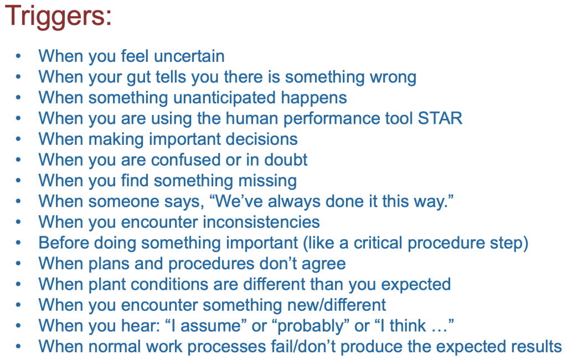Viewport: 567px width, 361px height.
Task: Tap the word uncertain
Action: tap(189, 56)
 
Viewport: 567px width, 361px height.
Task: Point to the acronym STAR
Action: tap(440, 118)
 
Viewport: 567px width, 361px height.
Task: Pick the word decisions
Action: tap(261, 139)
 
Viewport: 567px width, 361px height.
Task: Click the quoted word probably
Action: tap(310, 326)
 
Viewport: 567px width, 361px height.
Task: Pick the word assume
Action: tap(210, 326)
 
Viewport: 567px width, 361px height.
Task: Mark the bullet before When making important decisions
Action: tap(18, 139)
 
